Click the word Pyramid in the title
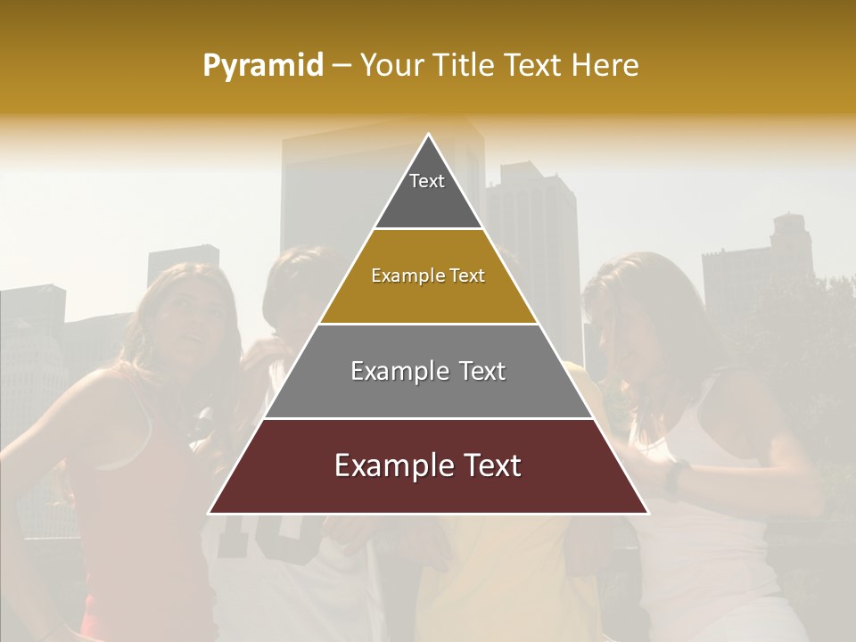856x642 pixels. (x=263, y=66)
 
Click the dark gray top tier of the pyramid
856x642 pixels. (x=428, y=201)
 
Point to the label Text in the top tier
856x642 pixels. (x=427, y=181)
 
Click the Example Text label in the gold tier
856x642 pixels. (x=428, y=276)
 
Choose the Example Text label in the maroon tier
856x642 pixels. (x=428, y=465)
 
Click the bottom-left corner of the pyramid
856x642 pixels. (x=210, y=513)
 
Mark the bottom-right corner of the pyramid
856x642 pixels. (x=647, y=513)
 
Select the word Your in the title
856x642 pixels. (x=391, y=66)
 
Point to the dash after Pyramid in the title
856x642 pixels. (x=342, y=66)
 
